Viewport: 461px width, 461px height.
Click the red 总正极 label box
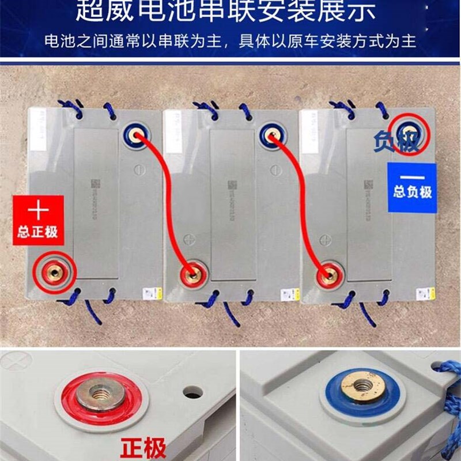(x=38, y=219)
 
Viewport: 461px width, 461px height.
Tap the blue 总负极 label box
(x=412, y=186)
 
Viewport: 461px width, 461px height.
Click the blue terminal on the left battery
(x=137, y=135)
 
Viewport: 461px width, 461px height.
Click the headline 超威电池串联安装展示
(x=231, y=12)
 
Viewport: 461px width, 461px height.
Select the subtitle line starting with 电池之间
(x=231, y=41)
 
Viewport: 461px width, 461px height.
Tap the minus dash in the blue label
(x=412, y=176)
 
